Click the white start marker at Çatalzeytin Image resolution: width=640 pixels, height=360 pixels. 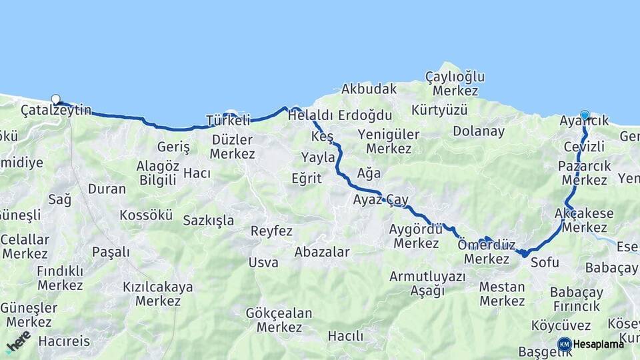[55, 99]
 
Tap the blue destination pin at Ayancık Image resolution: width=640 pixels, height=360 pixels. [585, 115]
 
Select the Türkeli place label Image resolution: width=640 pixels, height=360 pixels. [228, 121]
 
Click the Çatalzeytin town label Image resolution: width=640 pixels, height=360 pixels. [56, 110]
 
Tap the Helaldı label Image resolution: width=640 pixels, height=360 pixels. [310, 115]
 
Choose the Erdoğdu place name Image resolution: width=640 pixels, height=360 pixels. [365, 115]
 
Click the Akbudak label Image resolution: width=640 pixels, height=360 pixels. [369, 89]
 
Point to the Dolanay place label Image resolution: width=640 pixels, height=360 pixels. [479, 131]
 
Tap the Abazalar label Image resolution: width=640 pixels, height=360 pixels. [322, 252]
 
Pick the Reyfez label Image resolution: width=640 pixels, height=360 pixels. [271, 231]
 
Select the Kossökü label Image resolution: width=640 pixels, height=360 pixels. [146, 215]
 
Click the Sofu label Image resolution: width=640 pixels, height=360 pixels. [545, 263]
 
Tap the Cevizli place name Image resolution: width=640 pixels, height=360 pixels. [583, 146]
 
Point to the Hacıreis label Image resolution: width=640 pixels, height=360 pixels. [64, 341]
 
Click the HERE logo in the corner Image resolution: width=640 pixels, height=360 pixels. [18, 342]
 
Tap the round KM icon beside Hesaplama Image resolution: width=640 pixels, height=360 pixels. [564, 344]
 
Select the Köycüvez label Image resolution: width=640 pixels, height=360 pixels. [561, 326]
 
